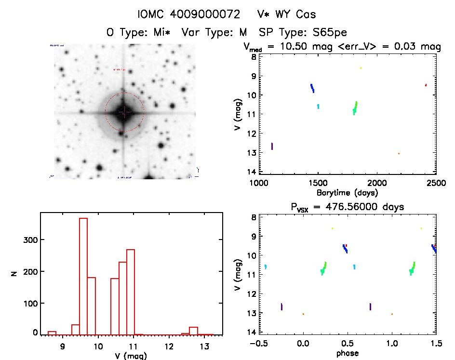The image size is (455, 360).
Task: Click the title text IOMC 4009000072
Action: pos(188,14)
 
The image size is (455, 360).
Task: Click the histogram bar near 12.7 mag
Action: pos(194,330)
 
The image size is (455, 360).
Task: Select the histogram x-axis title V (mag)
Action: pos(131,356)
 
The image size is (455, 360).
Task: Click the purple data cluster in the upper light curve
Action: pos(272,146)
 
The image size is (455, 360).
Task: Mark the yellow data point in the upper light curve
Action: pos(361,68)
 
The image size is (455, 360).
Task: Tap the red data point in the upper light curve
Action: pos(426,85)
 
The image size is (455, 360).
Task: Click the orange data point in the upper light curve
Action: pos(399,153)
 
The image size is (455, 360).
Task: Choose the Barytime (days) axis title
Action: pos(348,192)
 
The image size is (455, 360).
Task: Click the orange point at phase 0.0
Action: pos(303,314)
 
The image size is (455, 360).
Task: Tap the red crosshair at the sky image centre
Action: pos(124,112)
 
